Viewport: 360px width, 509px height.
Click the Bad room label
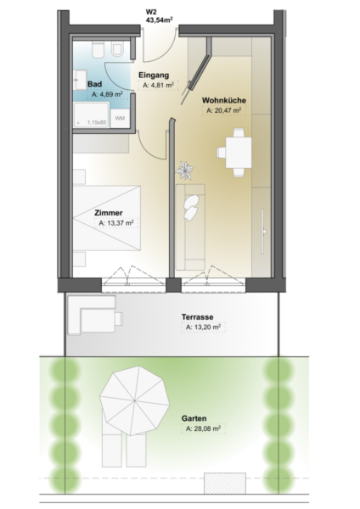point(94,84)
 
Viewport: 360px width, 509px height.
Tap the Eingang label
point(154,75)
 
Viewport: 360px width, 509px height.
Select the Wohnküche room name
point(224,100)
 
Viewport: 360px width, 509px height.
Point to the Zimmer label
point(109,213)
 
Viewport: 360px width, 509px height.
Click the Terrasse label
point(197,316)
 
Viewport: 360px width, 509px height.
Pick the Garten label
point(194,418)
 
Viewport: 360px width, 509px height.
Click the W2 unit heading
point(151,13)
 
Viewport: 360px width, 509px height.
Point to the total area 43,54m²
point(159,20)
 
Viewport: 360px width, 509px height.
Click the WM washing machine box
point(120,118)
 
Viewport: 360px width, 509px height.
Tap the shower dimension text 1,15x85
point(97,123)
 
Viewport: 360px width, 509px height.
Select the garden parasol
point(134,400)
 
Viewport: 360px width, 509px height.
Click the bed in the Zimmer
point(107,218)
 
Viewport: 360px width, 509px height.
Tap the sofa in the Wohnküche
point(190,227)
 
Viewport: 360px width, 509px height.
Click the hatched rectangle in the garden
point(225,484)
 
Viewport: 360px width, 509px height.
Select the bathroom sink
point(79,79)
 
